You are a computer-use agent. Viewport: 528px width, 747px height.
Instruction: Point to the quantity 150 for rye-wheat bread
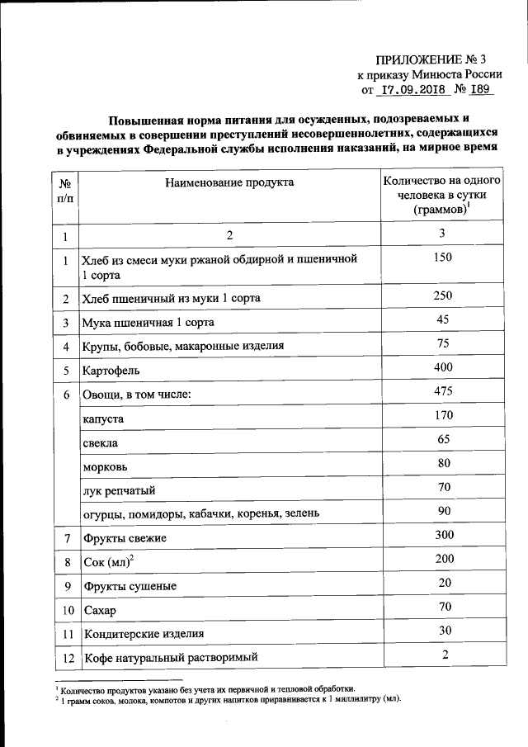pos(443,258)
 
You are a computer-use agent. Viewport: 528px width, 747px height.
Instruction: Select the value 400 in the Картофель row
pos(443,367)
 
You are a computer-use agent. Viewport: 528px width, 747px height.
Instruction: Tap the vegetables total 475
pos(443,391)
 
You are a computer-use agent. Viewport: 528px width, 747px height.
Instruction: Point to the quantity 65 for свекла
pos(443,440)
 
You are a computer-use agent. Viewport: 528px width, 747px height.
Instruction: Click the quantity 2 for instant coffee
pos(443,655)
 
